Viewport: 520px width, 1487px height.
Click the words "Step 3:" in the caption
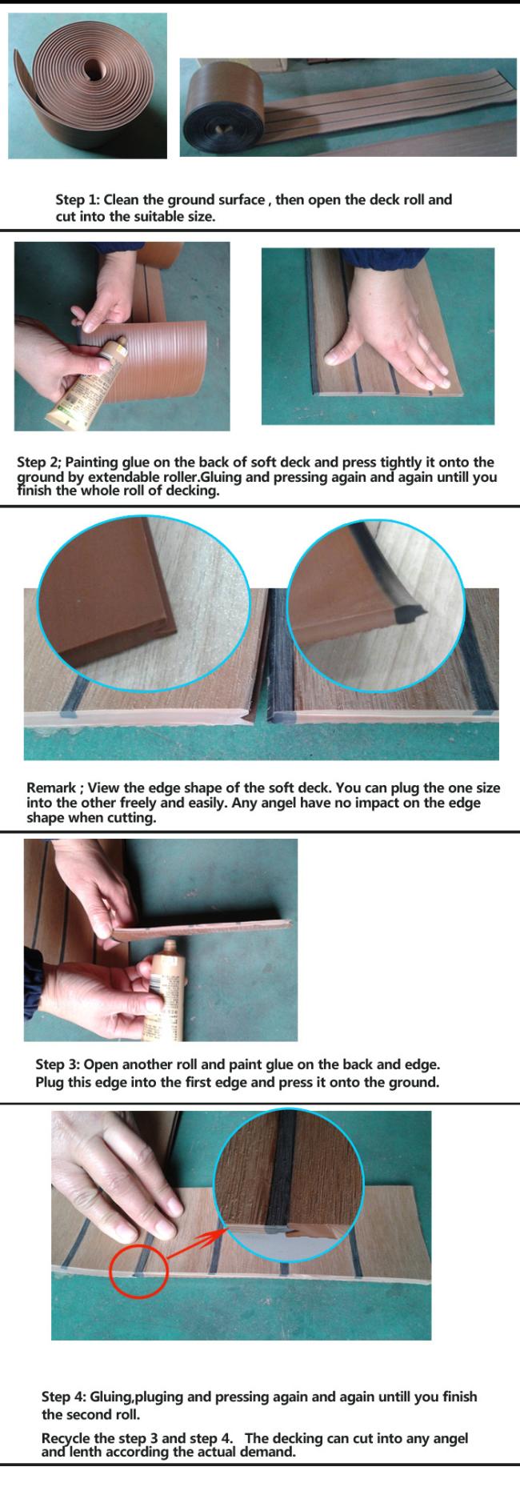58,1065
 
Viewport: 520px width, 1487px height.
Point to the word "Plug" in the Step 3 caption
50,1083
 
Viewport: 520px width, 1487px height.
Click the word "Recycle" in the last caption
68,1439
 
